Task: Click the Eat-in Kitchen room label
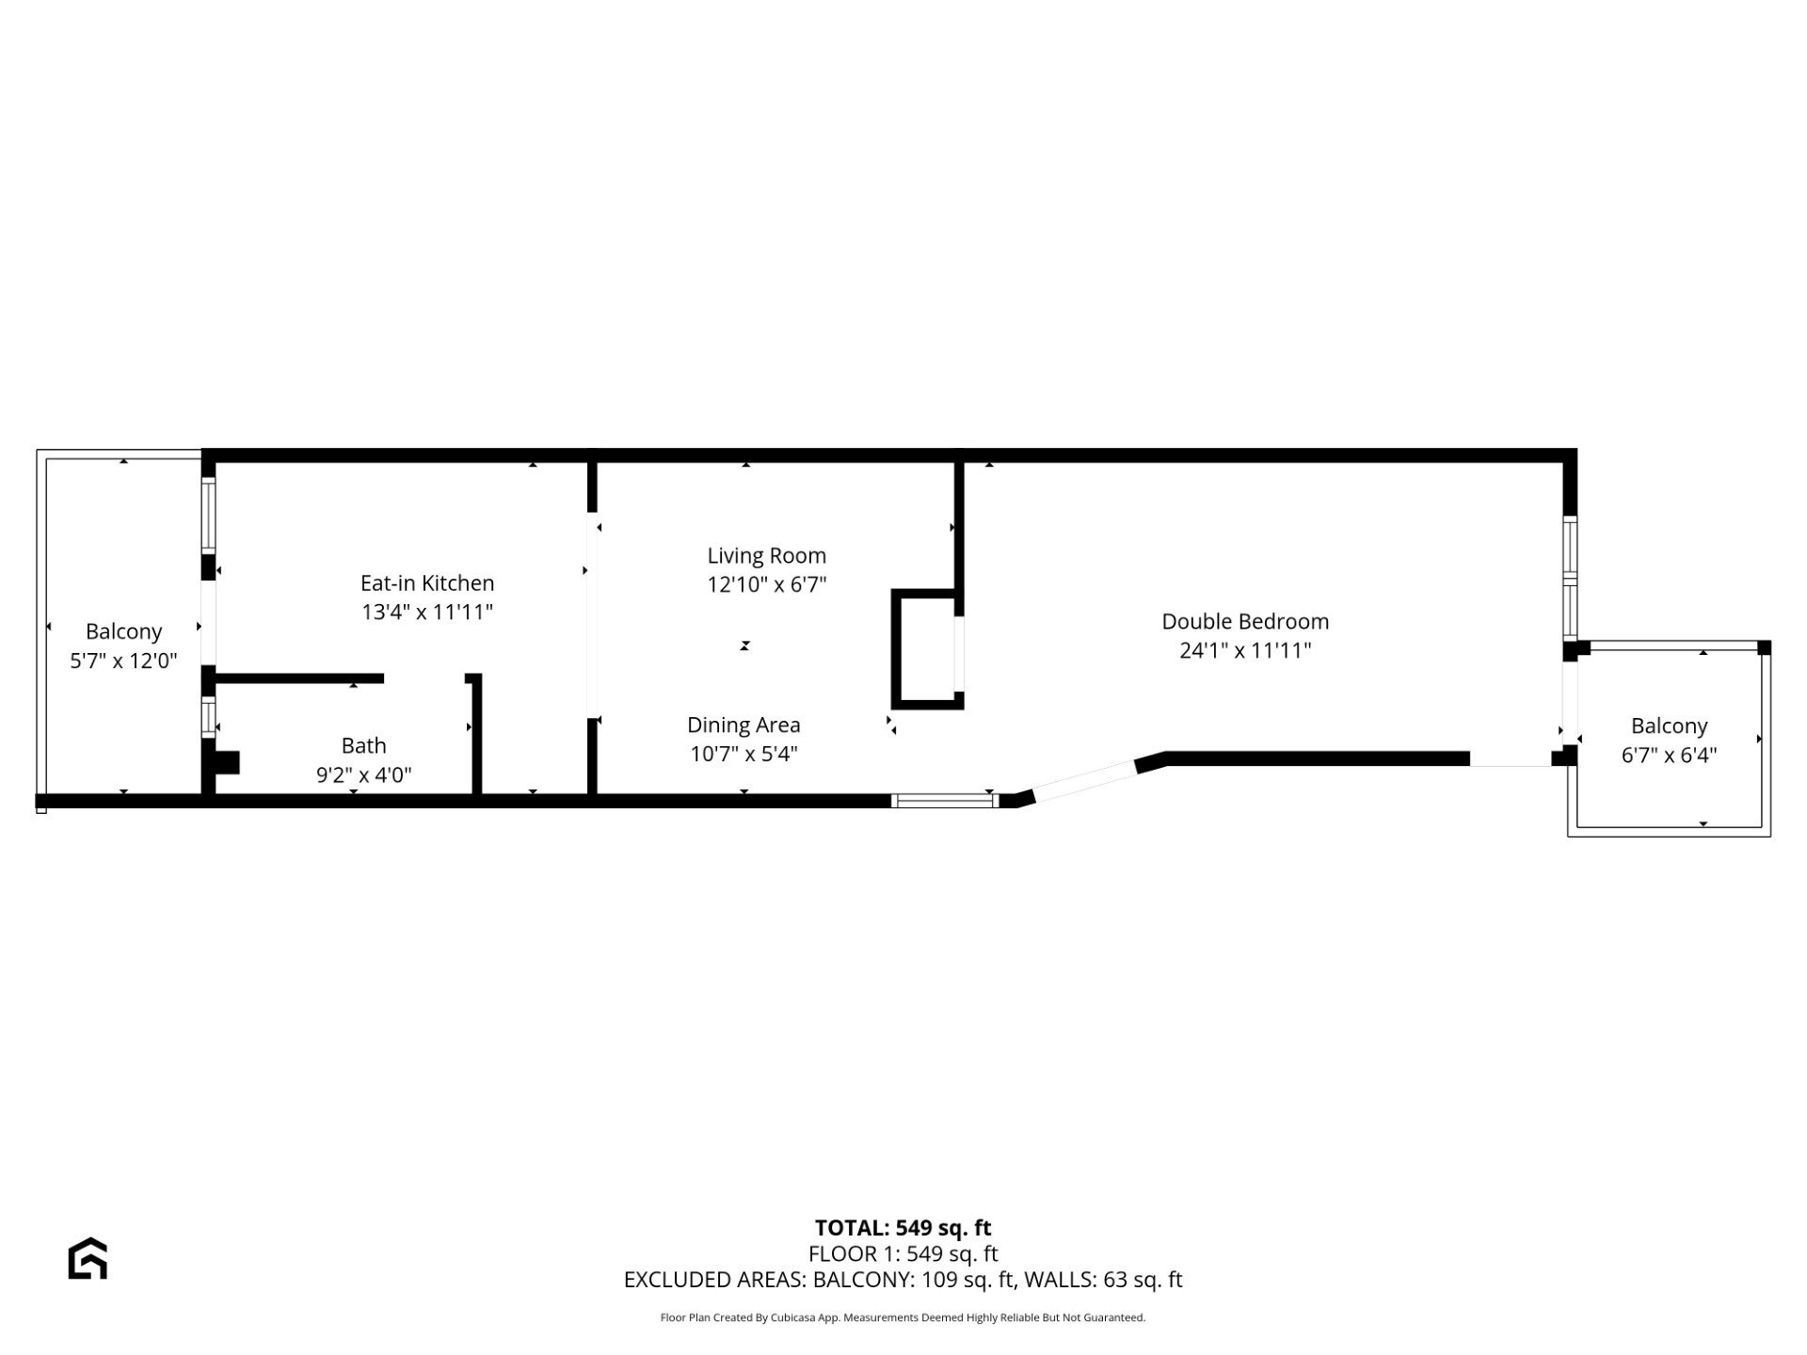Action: pyautogui.click(x=427, y=583)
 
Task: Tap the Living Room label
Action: pyautogui.click(x=767, y=556)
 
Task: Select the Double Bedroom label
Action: pyautogui.click(x=1245, y=621)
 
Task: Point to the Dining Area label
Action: pyautogui.click(x=744, y=725)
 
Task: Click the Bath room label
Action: pyautogui.click(x=364, y=746)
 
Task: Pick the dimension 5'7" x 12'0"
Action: pyautogui.click(x=123, y=661)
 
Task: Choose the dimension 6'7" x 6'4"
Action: pyautogui.click(x=1669, y=755)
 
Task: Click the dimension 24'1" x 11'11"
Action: pyautogui.click(x=1245, y=650)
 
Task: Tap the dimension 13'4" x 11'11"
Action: pyautogui.click(x=427, y=613)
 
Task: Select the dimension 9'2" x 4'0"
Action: pyautogui.click(x=364, y=775)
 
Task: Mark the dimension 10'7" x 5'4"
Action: pyautogui.click(x=744, y=754)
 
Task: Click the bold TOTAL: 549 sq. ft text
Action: pyautogui.click(x=903, y=1228)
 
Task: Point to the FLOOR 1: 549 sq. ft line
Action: pyautogui.click(x=903, y=1253)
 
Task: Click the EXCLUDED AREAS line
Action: pyautogui.click(x=903, y=1280)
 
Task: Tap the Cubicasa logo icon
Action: pyautogui.click(x=88, y=1258)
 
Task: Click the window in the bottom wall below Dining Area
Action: pyautogui.click(x=944, y=801)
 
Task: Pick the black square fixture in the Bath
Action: pyautogui.click(x=227, y=762)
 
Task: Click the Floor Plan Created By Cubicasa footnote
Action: pyautogui.click(x=903, y=1317)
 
